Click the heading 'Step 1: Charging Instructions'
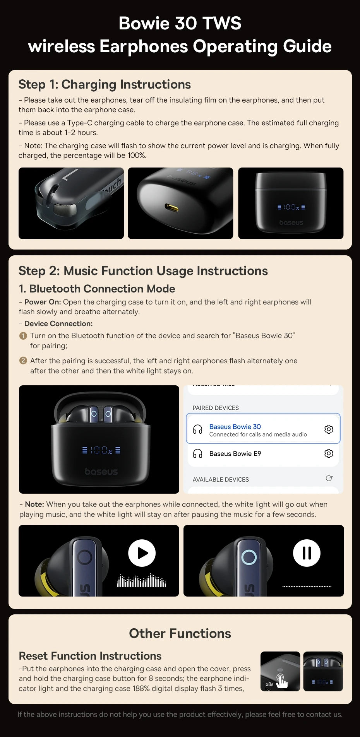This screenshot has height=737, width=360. (x=105, y=84)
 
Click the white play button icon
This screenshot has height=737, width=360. (x=142, y=553)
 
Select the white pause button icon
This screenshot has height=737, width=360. (x=307, y=553)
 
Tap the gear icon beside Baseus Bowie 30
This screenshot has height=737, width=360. (x=329, y=429)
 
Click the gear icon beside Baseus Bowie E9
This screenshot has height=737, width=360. (x=329, y=453)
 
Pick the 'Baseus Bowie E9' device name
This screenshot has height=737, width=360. (x=235, y=454)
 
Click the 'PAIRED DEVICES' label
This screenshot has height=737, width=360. (x=216, y=408)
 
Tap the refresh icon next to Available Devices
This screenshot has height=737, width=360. (x=329, y=479)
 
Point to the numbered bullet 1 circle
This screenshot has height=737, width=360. (x=23, y=336)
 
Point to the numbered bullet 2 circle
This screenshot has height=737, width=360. (x=23, y=361)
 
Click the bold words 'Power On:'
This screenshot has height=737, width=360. (x=43, y=302)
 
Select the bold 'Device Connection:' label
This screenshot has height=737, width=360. (x=58, y=324)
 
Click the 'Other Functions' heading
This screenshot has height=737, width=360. (x=180, y=633)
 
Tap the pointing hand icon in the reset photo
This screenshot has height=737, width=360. (x=281, y=681)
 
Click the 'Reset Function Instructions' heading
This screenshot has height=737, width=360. (x=90, y=656)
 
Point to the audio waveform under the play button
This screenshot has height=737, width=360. (x=141, y=580)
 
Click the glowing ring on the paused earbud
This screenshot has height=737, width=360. (x=249, y=557)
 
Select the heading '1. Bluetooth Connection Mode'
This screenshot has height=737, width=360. (x=97, y=289)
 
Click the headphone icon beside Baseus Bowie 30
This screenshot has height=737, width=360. (x=198, y=429)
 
